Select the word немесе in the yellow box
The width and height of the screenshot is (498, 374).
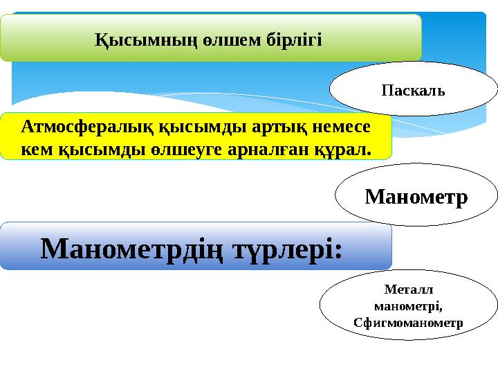pos(337,127)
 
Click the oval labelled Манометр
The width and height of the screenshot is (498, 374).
pos(416,197)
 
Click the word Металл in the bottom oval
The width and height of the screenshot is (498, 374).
pos(408,291)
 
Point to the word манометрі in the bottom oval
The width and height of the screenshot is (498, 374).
pos(407,306)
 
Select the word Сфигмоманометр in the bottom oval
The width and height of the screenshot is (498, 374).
pos(408,321)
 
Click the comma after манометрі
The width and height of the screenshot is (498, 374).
pos(440,309)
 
